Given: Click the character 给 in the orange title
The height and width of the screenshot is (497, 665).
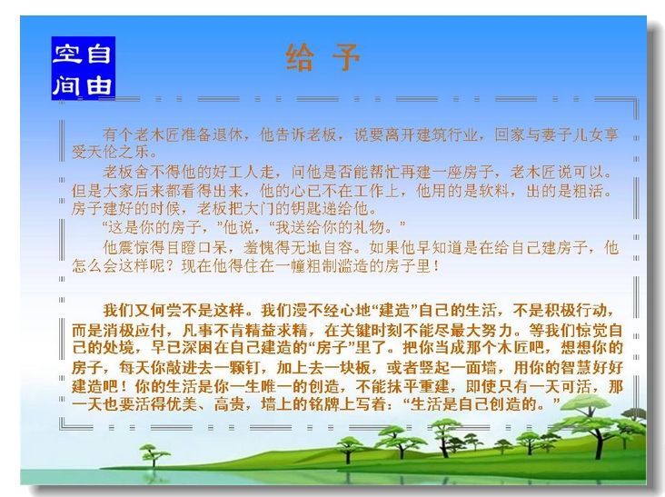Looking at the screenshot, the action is [x=301, y=57].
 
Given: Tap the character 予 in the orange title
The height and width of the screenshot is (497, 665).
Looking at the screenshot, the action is [x=345, y=57].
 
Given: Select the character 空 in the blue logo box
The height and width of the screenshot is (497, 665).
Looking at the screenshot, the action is [x=67, y=54].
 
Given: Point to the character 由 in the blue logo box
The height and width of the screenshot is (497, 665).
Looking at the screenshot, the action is [x=99, y=85].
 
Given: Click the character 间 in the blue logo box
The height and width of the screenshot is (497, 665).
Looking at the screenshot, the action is [x=67, y=85].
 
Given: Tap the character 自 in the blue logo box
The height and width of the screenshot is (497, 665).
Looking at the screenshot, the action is [x=99, y=54].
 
